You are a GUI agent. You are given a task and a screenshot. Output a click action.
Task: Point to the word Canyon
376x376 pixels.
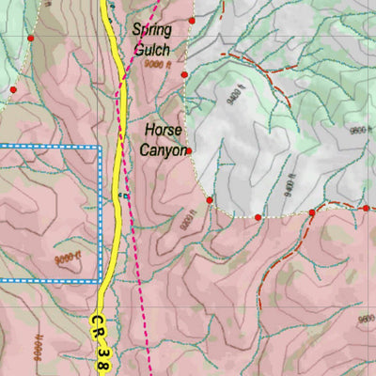(x=164, y=149)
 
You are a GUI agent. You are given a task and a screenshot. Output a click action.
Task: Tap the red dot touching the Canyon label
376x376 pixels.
(x=188, y=150)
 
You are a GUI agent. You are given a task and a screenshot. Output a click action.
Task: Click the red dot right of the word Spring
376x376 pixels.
(x=192, y=20)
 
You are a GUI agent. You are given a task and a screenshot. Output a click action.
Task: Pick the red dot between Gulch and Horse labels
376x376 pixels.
(x=185, y=74)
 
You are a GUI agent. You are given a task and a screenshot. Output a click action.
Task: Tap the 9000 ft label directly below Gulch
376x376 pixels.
(x=158, y=65)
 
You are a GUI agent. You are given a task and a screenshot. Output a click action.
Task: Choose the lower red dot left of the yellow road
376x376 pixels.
(x=13, y=90)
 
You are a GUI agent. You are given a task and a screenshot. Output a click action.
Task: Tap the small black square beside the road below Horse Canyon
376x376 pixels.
(x=123, y=196)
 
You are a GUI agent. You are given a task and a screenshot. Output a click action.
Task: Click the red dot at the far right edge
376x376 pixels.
(x=366, y=208)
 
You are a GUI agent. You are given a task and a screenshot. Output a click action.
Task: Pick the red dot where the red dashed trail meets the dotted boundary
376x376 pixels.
(x=312, y=213)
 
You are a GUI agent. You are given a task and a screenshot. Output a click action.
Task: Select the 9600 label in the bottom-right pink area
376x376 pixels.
(x=366, y=320)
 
